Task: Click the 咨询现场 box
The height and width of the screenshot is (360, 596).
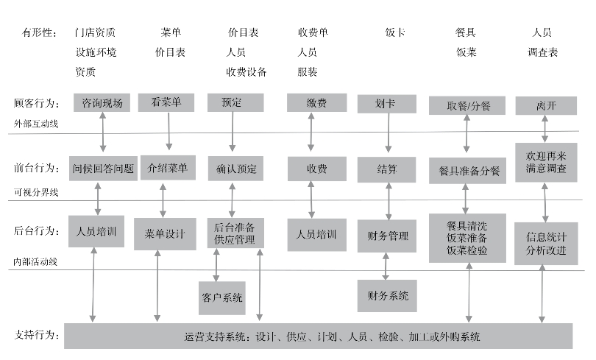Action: click(x=102, y=102)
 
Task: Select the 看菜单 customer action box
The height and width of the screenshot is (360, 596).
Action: click(x=166, y=102)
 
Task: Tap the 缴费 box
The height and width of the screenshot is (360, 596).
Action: click(x=316, y=102)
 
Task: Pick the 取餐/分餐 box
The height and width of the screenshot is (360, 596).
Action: click(x=467, y=105)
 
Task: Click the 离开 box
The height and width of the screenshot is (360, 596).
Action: click(x=546, y=105)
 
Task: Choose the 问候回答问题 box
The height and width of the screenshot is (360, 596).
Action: click(x=103, y=168)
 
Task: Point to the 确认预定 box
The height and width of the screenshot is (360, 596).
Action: click(x=235, y=169)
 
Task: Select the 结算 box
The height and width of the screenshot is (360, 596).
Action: click(x=386, y=169)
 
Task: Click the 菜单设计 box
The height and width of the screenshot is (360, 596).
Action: click(x=165, y=234)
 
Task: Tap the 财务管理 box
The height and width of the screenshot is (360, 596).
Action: click(x=387, y=236)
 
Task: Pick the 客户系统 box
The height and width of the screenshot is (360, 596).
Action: click(x=222, y=298)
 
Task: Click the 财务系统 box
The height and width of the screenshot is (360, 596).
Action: click(x=387, y=296)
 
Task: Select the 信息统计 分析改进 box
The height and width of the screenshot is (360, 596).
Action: click(x=546, y=244)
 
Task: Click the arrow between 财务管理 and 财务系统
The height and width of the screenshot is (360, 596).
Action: click(x=386, y=266)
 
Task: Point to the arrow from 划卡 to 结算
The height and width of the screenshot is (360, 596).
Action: click(x=389, y=133)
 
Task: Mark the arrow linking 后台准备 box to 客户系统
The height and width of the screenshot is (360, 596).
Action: click(x=216, y=265)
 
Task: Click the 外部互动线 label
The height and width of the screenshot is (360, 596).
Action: click(x=36, y=124)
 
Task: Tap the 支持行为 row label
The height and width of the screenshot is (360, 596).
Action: click(x=37, y=335)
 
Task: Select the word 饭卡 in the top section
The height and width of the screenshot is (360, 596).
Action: click(x=395, y=32)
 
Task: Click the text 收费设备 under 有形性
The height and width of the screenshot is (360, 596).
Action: click(x=246, y=72)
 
